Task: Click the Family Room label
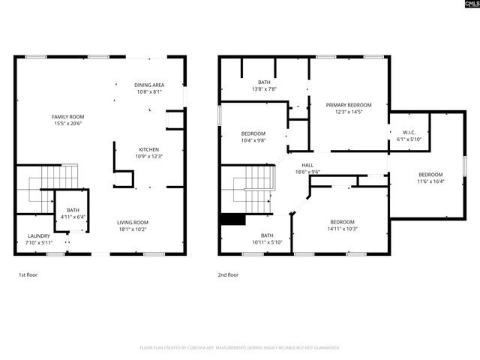pos(67,117)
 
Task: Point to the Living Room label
pos(132,222)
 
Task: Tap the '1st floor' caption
pos(28,275)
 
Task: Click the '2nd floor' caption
pos(227,275)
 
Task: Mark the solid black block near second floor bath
pos(233,220)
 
